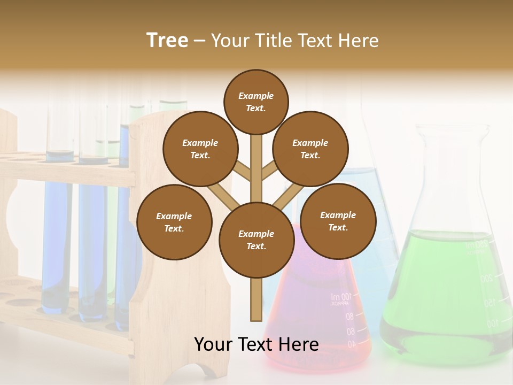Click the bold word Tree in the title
tap(167, 41)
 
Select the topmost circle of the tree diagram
tap(256, 102)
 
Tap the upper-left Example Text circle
tap(200, 149)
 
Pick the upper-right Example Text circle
tap(310, 149)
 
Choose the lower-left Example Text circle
tap(174, 222)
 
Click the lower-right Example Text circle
tap(338, 221)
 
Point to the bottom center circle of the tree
tap(256, 240)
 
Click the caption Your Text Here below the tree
tap(256, 344)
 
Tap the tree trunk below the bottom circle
tap(256, 299)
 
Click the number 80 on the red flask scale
tap(349, 317)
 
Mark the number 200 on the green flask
tap(486, 278)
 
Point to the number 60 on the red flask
tap(351, 332)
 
